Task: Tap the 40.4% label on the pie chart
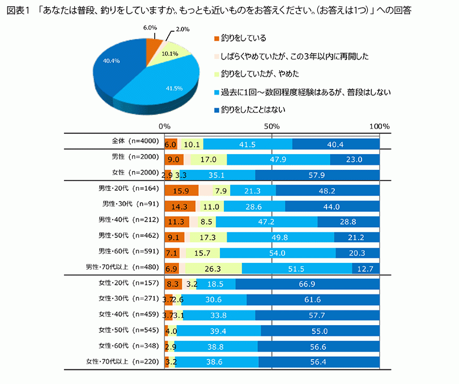pyautogui.click(x=112, y=61)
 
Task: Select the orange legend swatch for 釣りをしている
pyautogui.click(x=216, y=39)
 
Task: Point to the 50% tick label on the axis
pyautogui.click(x=272, y=126)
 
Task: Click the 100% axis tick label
pyautogui.click(x=378, y=126)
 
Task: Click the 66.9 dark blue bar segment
pyautogui.click(x=307, y=284)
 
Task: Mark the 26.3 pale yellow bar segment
pyautogui.click(x=214, y=268)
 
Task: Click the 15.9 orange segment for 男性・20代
pyautogui.click(x=181, y=190)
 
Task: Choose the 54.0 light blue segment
pyautogui.click(x=277, y=253)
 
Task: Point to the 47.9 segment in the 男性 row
pyautogui.click(x=278, y=160)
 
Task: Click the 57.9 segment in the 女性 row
pyautogui.click(x=317, y=175)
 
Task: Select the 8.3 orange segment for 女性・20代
pyautogui.click(x=173, y=284)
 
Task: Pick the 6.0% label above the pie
pyautogui.click(x=150, y=27)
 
